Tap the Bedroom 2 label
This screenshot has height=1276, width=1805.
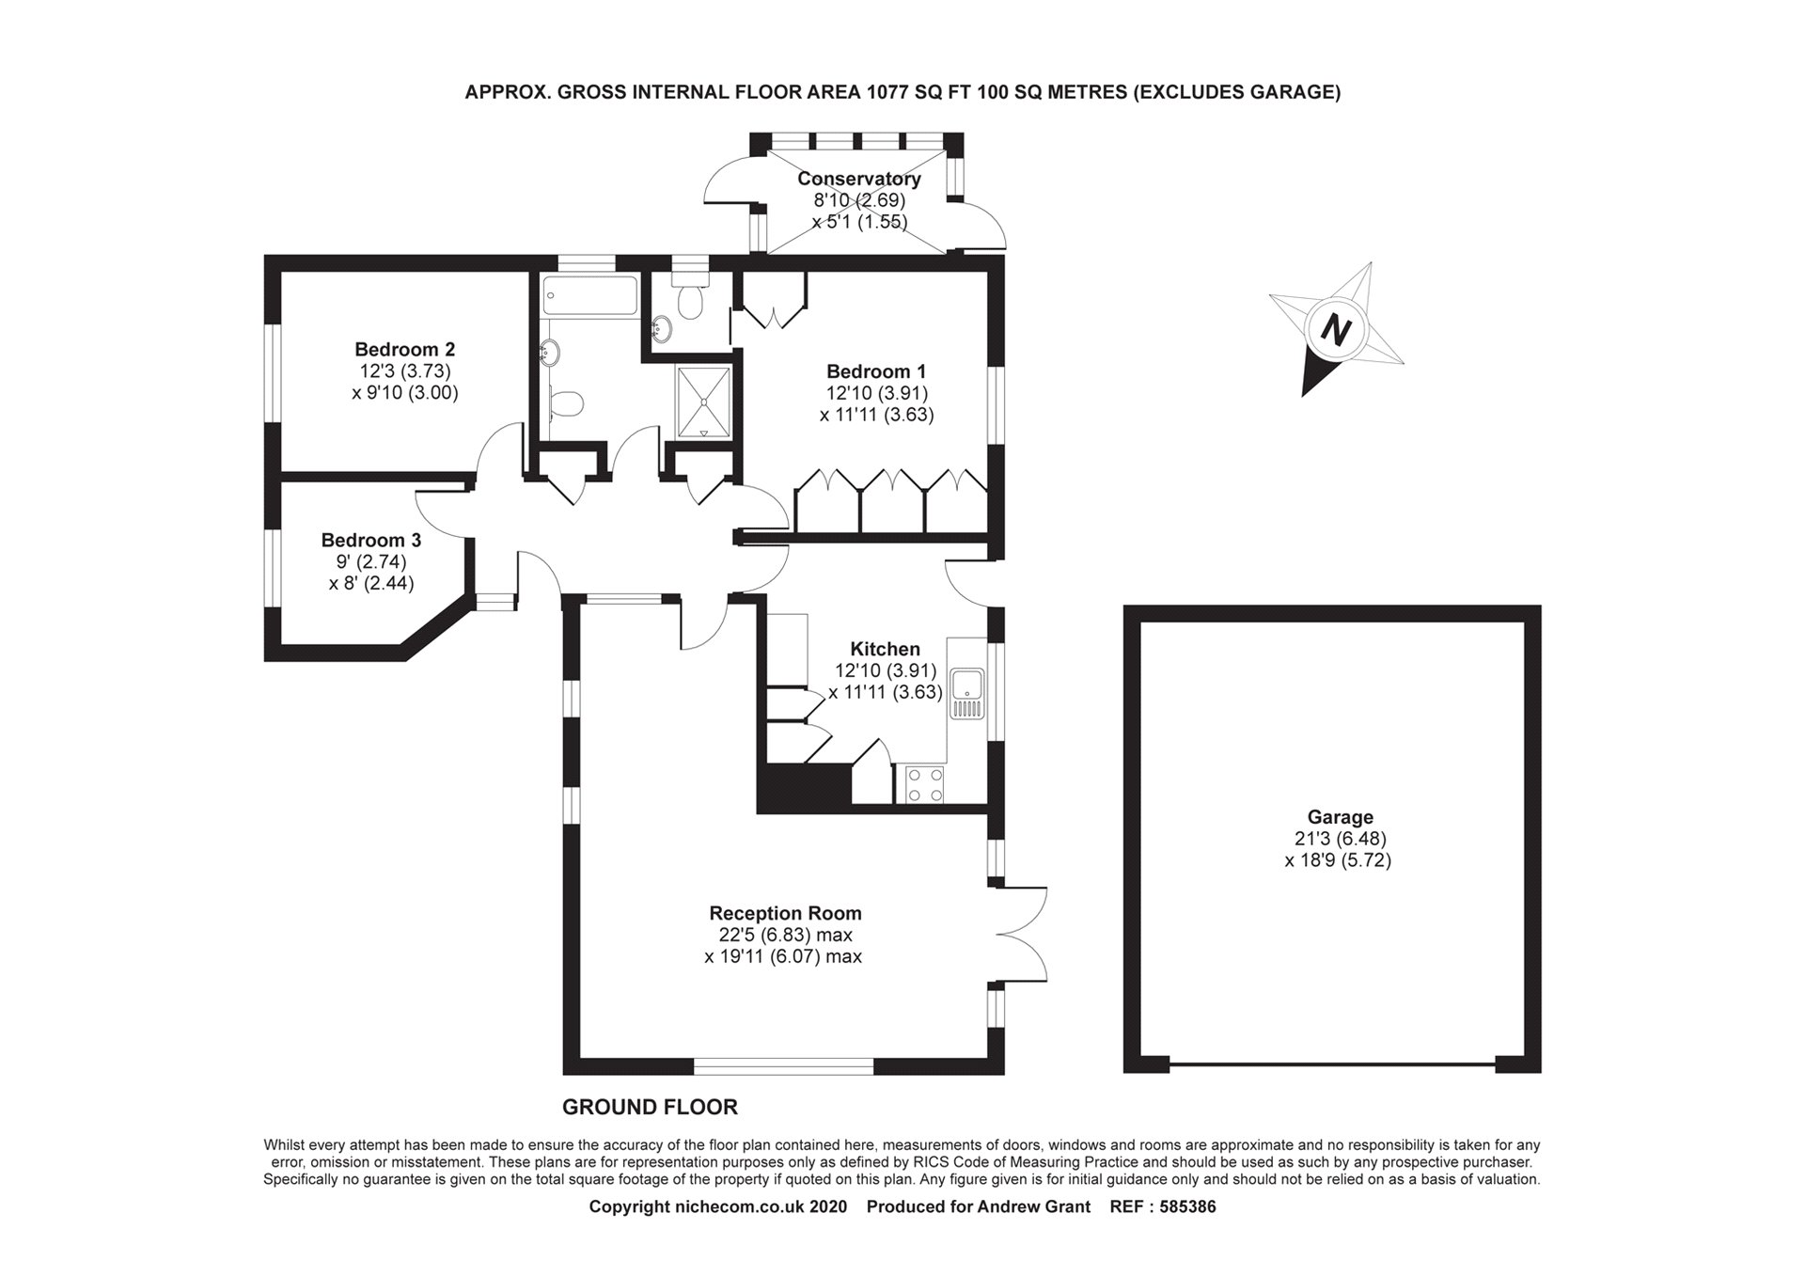[x=404, y=350]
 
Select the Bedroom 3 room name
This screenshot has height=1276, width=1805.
[x=370, y=541]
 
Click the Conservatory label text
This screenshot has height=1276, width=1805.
[x=858, y=179]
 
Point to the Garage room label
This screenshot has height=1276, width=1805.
[x=1340, y=817]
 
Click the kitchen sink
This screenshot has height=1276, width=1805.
[x=966, y=693]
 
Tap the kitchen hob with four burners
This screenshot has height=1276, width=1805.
[x=924, y=785]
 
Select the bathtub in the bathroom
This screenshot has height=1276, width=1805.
[x=589, y=295]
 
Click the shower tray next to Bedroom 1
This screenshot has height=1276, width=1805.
[x=703, y=402]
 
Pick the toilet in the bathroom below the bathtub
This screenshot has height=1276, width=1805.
[x=566, y=403]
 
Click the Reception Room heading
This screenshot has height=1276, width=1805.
[x=785, y=913]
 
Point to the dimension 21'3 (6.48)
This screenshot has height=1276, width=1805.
[x=1340, y=839]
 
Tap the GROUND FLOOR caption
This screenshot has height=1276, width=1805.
[x=650, y=1108]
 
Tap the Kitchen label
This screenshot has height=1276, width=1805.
[x=885, y=649]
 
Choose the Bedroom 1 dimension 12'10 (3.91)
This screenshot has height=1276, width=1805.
[x=876, y=393]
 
